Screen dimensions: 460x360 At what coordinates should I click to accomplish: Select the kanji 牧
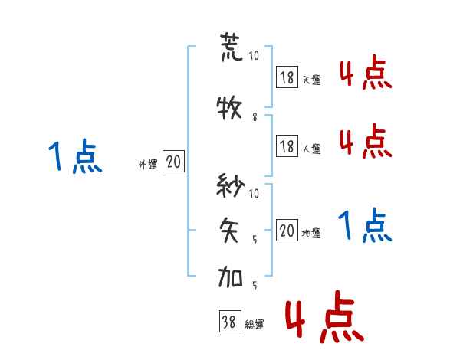pyautogui.click(x=231, y=109)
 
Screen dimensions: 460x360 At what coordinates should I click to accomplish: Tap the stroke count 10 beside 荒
pyautogui.click(x=255, y=56)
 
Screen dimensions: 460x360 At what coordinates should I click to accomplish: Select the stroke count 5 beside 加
pyautogui.click(x=255, y=286)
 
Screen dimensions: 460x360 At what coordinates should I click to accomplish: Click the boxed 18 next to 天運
pyautogui.click(x=287, y=77)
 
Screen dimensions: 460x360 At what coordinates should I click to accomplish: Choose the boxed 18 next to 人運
pyautogui.click(x=287, y=146)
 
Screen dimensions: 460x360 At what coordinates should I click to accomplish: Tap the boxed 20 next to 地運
pyautogui.click(x=287, y=231)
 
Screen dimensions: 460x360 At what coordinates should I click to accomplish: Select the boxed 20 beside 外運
pyautogui.click(x=174, y=162)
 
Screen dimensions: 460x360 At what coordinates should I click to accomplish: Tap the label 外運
pyautogui.click(x=147, y=165)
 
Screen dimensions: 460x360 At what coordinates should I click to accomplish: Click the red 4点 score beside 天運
pyautogui.click(x=365, y=75)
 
